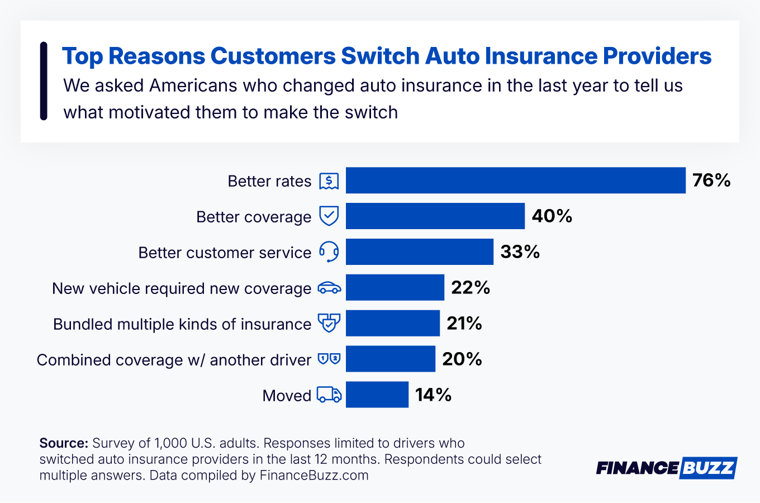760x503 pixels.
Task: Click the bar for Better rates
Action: (515, 180)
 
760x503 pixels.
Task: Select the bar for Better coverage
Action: (435, 216)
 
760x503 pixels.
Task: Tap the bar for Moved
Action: (377, 395)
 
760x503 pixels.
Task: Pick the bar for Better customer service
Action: (419, 251)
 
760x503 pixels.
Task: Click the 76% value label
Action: (711, 180)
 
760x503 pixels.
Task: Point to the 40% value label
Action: (552, 216)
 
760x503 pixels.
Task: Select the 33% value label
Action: (520, 251)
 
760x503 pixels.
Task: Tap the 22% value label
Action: (470, 287)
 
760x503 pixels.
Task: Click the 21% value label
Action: (464, 323)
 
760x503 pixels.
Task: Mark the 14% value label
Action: (433, 395)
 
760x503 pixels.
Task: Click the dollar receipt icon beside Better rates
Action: (329, 181)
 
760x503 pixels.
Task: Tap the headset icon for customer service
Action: (329, 252)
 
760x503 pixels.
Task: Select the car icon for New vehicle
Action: (329, 288)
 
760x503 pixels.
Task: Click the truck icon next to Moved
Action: (329, 395)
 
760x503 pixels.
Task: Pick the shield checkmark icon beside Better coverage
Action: (329, 216)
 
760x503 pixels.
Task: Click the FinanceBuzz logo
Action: (666, 468)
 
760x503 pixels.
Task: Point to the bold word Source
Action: (64, 443)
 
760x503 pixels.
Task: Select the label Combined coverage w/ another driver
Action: (174, 359)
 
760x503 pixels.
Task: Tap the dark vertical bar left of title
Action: (44, 81)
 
